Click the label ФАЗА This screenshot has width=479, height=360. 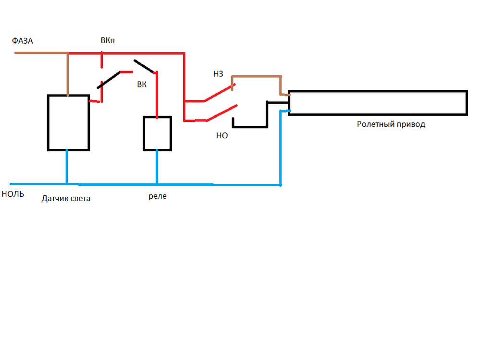23,41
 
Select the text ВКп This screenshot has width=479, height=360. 108,41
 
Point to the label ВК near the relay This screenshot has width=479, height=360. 142,85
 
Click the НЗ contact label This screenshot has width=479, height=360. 218,74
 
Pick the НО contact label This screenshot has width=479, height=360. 221,136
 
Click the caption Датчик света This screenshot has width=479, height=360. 66,198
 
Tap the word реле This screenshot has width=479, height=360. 158,196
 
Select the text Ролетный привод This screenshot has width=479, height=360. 391,124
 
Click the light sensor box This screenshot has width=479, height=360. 68,122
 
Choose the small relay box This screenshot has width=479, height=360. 157,133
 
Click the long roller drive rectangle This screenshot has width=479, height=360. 377,102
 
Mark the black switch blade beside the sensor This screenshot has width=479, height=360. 109,80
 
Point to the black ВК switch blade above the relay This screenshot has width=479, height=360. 144,66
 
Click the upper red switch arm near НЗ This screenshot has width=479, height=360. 219,94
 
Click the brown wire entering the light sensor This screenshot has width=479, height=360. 68,74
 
